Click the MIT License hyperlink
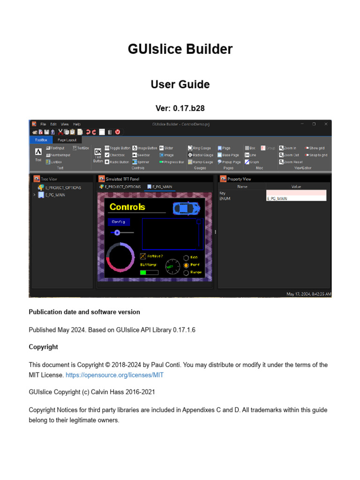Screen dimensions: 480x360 coord(114,375)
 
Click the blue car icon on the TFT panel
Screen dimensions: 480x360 coord(186,208)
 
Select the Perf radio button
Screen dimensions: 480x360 coord(186,265)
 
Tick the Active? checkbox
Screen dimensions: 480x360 coord(143,256)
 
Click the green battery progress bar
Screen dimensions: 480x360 coord(149,272)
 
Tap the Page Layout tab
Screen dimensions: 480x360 coord(67,140)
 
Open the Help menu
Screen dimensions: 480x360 coord(77,124)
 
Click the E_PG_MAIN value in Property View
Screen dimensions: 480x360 coord(296,199)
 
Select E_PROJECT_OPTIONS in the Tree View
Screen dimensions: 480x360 coord(63,187)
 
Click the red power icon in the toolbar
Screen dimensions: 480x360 coord(118,132)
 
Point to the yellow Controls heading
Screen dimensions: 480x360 coord(127,207)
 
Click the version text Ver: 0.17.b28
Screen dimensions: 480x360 coord(180,108)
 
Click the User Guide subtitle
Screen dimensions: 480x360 coord(180,84)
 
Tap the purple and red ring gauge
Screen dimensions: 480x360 coord(121,257)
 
